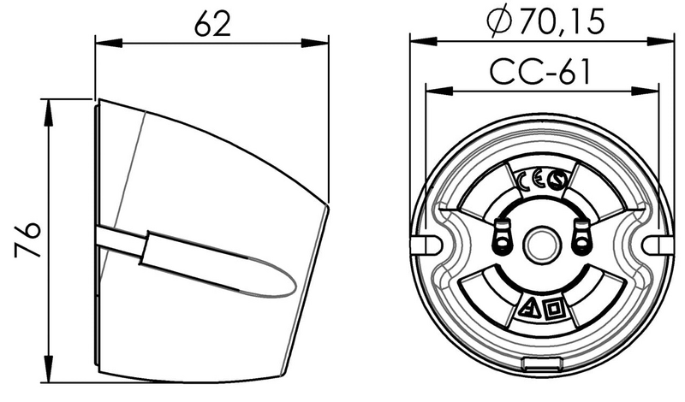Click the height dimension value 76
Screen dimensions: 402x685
pos(28,240)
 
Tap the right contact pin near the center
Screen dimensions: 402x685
pos(581,238)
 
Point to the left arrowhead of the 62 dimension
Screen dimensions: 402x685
pos(101,40)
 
